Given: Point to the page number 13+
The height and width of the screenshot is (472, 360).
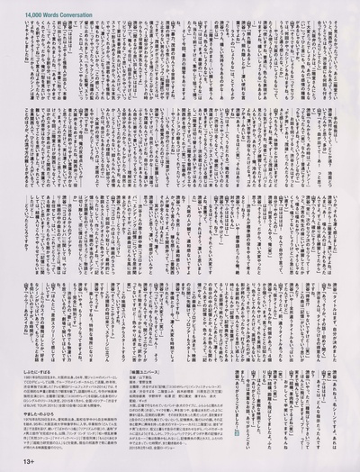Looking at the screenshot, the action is [13, 462].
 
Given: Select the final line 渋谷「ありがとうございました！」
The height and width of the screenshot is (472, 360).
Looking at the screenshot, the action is [238, 401].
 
